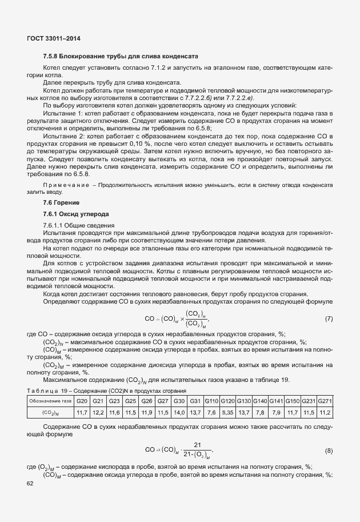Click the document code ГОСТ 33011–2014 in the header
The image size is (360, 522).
53,38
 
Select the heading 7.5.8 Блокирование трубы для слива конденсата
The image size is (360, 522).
121,57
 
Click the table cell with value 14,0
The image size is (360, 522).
179,412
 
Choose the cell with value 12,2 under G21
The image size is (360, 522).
98,412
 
